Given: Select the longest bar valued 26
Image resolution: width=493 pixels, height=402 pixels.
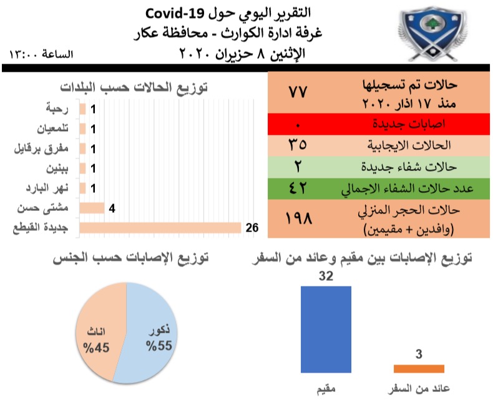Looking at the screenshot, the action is tap(160, 228).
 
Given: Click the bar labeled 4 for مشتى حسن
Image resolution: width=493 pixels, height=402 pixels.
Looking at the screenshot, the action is tap(92, 208).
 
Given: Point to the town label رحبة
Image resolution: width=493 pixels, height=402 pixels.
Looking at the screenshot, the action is tap(57, 109).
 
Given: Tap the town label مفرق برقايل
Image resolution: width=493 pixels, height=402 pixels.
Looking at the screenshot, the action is tap(41, 149).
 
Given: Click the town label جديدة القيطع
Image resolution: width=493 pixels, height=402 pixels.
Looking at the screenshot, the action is tap(41, 227).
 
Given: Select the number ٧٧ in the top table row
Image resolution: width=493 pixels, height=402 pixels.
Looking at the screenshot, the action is tap(298, 92).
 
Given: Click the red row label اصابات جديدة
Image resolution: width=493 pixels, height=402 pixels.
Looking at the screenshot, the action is tap(409, 124).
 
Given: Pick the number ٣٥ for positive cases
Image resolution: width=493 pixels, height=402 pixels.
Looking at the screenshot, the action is tap(298, 145).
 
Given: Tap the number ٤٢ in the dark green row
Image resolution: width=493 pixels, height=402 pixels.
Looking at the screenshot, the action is tap(298, 189).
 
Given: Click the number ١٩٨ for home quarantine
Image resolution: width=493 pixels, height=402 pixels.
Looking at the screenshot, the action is tap(298, 218).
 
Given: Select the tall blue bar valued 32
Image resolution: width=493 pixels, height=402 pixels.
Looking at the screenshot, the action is tap(326, 330).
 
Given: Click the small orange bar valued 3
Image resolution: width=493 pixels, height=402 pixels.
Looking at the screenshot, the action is tap(419, 369).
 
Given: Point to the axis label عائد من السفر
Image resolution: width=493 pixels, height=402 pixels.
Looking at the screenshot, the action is tap(419, 389).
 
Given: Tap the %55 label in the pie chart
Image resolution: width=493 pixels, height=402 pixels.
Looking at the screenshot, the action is tap(159, 346).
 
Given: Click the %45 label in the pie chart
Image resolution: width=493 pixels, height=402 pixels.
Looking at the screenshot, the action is tap(96, 348).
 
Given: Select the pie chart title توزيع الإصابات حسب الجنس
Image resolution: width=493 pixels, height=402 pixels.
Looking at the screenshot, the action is tap(131, 258).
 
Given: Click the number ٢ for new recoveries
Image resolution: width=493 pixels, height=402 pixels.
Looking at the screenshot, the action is tap(298, 167).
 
